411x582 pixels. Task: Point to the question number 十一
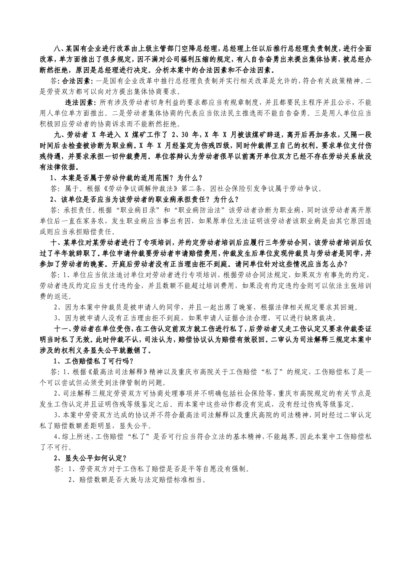tap(61, 328)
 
